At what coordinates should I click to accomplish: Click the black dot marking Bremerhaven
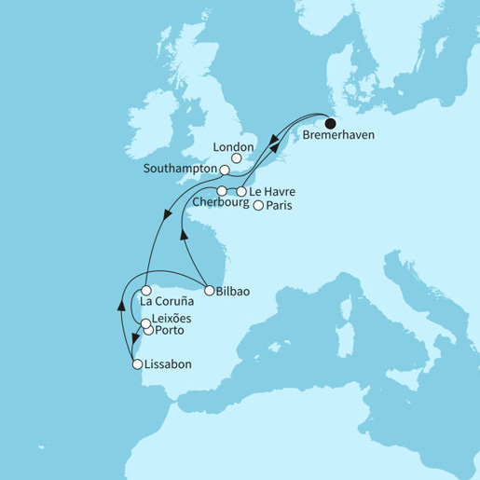point(330,121)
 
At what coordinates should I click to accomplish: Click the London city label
point(234,146)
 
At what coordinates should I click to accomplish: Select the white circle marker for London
point(237,159)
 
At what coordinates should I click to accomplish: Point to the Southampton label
point(184,171)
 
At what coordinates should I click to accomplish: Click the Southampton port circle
point(225,171)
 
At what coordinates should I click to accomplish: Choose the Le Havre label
point(272,192)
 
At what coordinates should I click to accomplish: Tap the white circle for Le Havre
point(241,192)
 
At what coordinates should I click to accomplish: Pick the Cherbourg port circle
point(222,191)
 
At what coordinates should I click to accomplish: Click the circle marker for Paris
point(258,206)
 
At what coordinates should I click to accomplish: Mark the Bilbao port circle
point(209,290)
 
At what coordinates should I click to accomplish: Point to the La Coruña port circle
point(145,291)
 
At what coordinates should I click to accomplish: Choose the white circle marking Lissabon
point(137,364)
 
